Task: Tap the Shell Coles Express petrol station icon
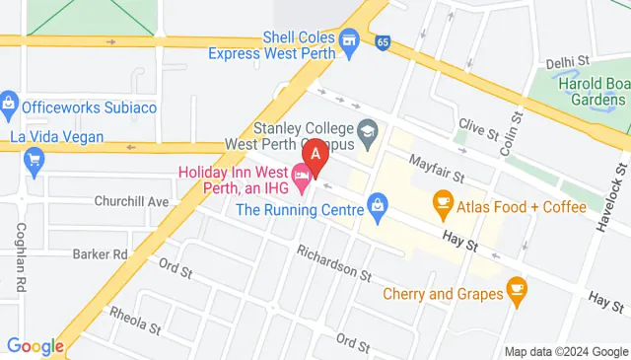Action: coord(347,39)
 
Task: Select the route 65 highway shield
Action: coord(382,40)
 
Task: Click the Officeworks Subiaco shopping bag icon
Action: coord(9,102)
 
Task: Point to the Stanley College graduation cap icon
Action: coord(367,129)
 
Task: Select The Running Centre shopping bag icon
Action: coord(376,206)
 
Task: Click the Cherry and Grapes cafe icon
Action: coord(516,288)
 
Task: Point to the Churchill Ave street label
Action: coord(132,201)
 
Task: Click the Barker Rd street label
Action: coord(101,253)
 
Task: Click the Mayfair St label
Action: coord(437,169)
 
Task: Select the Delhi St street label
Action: coord(567,62)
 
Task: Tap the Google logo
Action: coord(35,345)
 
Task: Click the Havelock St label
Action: coord(611,187)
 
